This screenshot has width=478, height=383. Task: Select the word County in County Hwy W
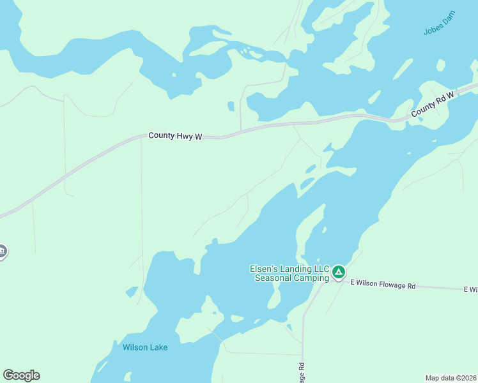coord(161,136)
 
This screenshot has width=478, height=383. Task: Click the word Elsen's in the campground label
coord(263,269)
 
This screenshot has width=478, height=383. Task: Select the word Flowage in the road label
coord(393,285)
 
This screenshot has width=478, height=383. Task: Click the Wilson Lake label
coord(145,347)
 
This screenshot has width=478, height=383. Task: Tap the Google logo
coord(21,375)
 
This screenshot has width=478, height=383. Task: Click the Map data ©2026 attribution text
coord(451,378)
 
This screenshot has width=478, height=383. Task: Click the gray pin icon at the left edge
coord(2,252)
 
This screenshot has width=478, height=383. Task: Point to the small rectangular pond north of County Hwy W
coord(231,106)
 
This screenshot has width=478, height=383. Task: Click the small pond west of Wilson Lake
coord(132,292)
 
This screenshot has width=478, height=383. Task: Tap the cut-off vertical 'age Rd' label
coord(300,373)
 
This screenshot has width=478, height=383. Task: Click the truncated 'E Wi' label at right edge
coord(470,290)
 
